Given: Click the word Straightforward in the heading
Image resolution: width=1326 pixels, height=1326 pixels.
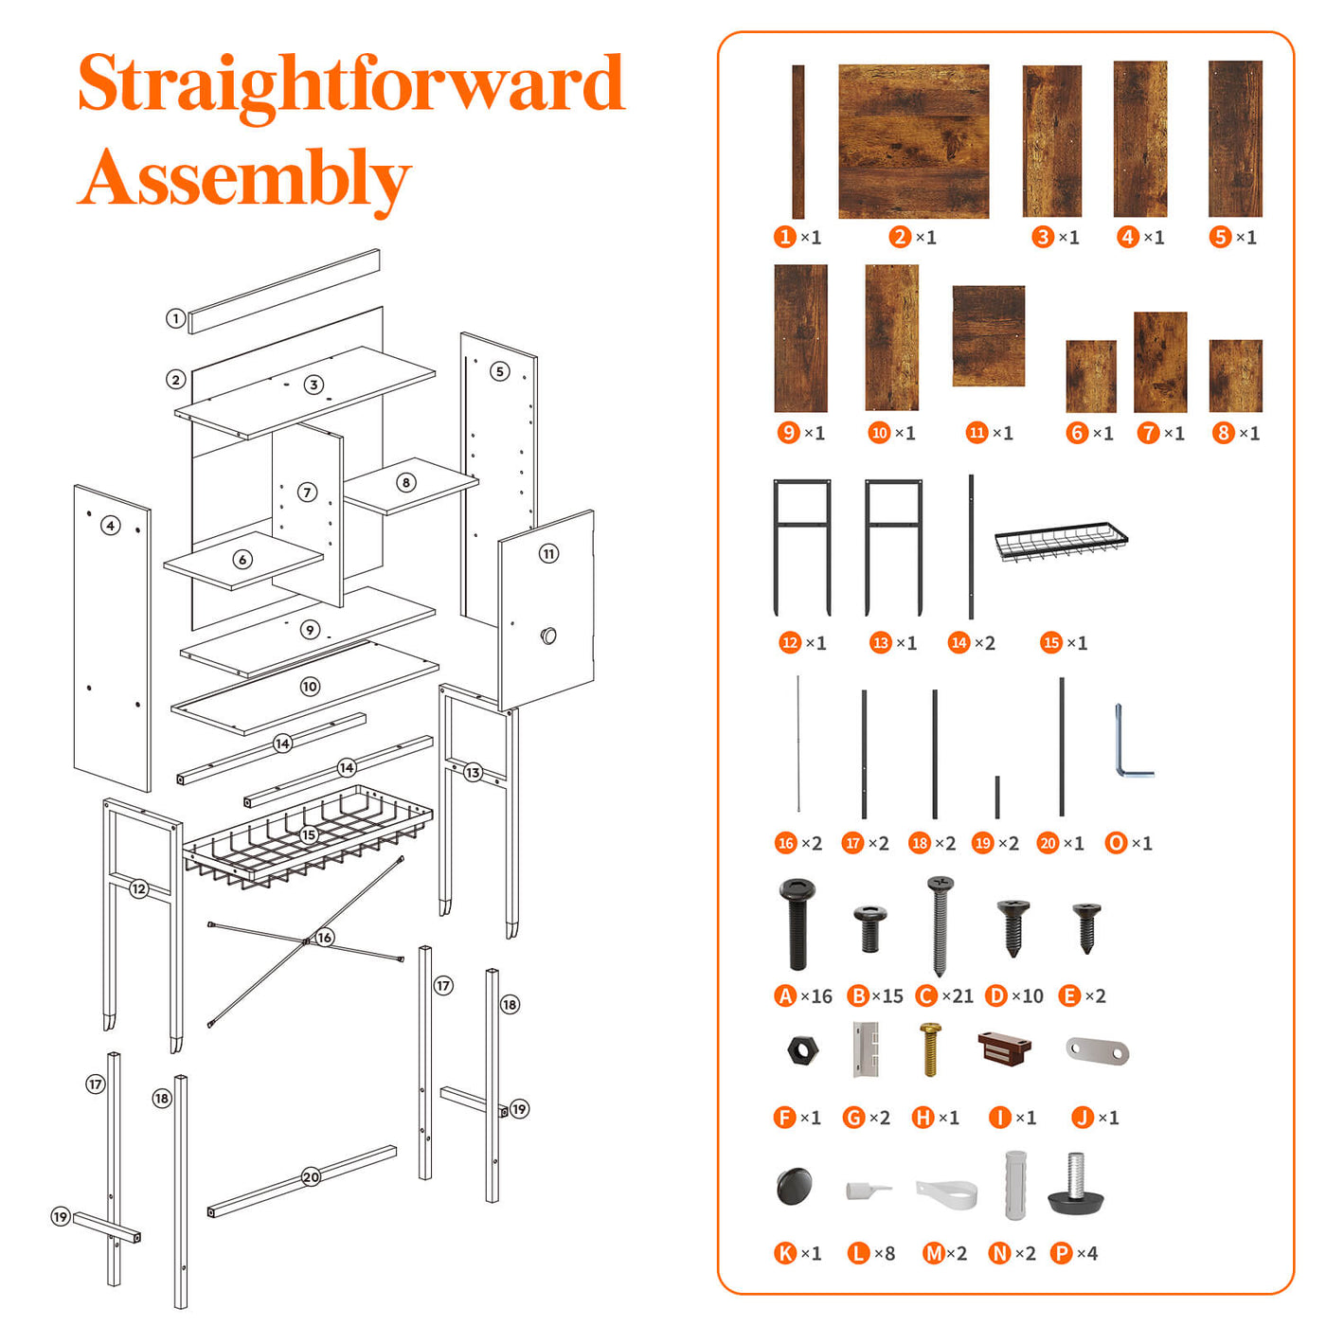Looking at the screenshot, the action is [351, 85].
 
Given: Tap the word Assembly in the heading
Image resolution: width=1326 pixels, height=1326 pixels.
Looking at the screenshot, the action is [244, 179].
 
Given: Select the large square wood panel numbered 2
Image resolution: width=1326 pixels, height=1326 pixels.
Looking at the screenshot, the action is [913, 141].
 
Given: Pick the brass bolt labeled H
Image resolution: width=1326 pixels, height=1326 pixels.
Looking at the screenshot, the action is [930, 1049].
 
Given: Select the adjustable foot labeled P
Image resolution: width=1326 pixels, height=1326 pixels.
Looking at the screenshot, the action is [1077, 1185].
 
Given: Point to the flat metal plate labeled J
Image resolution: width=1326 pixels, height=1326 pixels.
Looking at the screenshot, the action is [1097, 1050].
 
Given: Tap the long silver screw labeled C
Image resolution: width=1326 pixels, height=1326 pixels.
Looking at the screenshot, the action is [940, 925].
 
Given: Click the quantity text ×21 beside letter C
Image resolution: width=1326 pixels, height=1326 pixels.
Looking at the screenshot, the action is [958, 995].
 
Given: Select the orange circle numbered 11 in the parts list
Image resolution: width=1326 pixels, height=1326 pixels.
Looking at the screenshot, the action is [977, 432].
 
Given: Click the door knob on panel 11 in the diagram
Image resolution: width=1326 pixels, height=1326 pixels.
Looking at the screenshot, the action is [548, 636].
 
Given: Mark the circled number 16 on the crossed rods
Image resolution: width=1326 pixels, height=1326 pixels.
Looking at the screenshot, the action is [324, 937].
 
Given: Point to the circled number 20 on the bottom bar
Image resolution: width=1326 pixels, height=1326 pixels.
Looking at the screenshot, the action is [311, 1176].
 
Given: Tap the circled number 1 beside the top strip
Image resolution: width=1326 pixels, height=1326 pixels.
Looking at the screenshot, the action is [175, 318].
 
